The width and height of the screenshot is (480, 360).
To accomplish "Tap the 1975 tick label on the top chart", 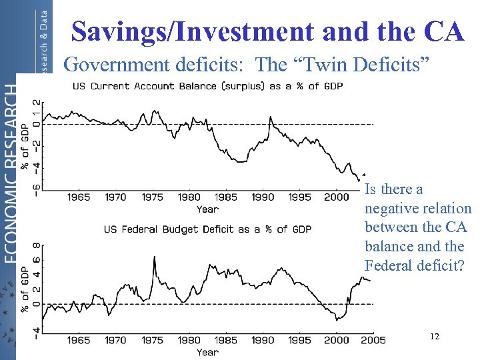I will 152,197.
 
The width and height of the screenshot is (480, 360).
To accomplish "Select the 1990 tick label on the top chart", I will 263,197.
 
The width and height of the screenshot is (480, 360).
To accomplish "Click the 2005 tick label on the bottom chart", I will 371,340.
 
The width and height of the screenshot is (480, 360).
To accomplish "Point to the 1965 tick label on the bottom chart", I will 79,340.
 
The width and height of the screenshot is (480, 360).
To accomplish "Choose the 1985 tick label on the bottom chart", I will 226,340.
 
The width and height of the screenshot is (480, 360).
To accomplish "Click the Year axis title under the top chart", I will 207,209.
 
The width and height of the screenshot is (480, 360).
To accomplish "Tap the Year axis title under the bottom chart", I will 207,351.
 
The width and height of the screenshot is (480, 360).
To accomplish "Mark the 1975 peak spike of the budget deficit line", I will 155,257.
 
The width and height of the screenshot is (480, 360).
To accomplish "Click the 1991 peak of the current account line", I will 270,117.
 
